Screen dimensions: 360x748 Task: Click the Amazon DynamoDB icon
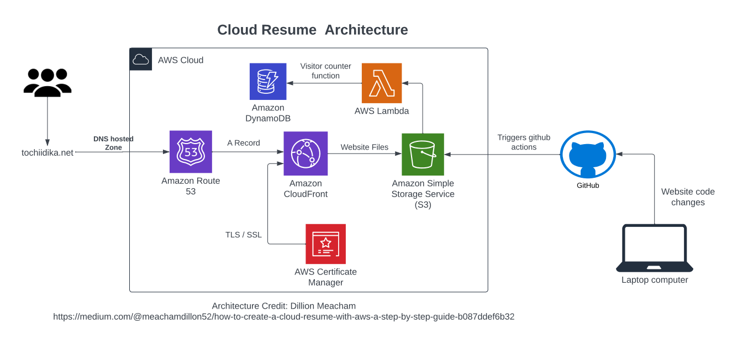coord(268,81)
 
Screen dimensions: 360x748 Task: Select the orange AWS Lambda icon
coord(382,83)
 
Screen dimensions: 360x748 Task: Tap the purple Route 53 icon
coord(191,151)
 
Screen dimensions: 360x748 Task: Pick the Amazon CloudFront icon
coord(305,153)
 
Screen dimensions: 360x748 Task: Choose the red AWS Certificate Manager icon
coord(326,243)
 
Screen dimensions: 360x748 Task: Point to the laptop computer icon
coord(655,248)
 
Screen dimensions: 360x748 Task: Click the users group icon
coord(48,82)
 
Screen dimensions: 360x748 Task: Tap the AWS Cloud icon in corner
coord(141,60)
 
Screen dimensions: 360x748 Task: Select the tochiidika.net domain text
coord(48,152)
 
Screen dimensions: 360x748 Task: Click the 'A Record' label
coord(244,143)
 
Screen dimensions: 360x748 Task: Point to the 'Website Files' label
coord(365,147)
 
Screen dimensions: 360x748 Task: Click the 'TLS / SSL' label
coord(244,235)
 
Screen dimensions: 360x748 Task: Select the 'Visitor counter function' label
coord(326,71)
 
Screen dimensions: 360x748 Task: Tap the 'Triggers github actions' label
coord(524,142)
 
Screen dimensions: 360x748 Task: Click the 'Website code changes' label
coord(688,197)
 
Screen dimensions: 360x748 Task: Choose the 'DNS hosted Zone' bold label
coord(113,143)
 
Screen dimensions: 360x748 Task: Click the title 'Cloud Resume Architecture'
coord(313,30)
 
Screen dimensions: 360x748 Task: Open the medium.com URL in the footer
coord(284,317)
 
